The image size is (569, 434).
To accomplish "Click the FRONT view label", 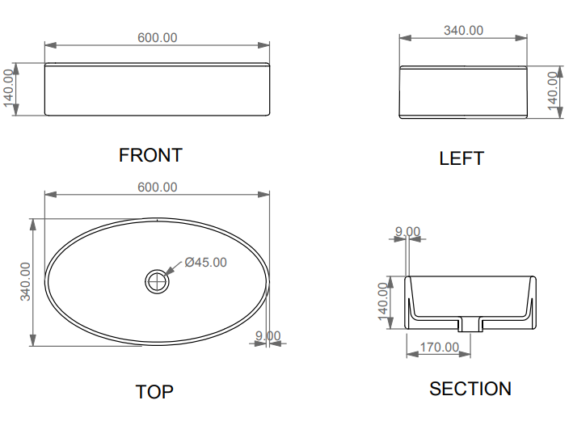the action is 150,155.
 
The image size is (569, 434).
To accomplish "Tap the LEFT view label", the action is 462,158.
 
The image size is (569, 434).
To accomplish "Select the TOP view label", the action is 154,392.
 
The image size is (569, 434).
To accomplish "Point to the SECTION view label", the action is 470,389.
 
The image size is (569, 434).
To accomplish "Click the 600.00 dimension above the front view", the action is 157,38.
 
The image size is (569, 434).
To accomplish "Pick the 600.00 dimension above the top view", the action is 157,188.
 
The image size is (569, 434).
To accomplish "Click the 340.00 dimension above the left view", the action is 463,31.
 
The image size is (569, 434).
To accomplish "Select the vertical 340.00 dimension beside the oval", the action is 25,281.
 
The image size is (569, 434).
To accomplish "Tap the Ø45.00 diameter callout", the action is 206,262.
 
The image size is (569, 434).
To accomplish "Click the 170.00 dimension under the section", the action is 440,348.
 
